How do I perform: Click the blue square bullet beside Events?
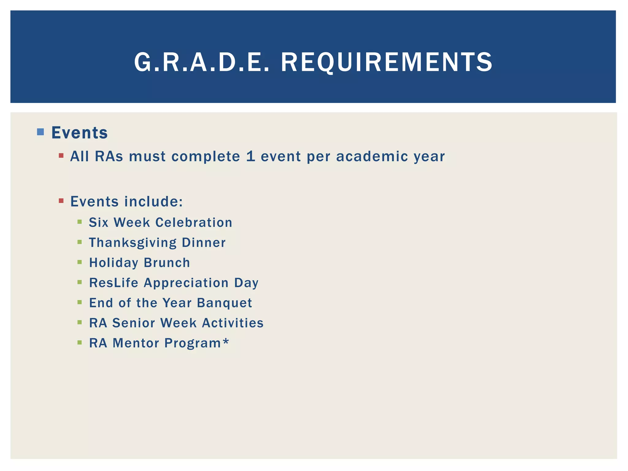click(x=40, y=132)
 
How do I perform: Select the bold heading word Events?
click(x=79, y=133)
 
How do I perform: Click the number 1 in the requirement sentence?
click(x=251, y=156)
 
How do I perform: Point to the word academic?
click(x=372, y=156)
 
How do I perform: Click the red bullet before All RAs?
click(x=61, y=156)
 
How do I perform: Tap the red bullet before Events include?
click(x=61, y=201)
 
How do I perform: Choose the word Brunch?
click(x=167, y=263)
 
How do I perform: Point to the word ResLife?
click(x=114, y=283)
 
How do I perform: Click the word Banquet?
click(x=224, y=303)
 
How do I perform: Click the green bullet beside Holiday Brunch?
click(x=80, y=262)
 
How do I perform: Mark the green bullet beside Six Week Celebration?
click(x=80, y=222)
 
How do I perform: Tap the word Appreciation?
click(x=186, y=283)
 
